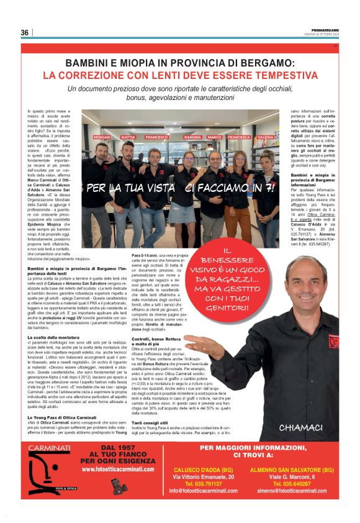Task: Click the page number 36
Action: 25,33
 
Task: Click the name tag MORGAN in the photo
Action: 102,137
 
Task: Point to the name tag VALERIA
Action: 265,137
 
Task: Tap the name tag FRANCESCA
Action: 239,137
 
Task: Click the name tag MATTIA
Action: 128,137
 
